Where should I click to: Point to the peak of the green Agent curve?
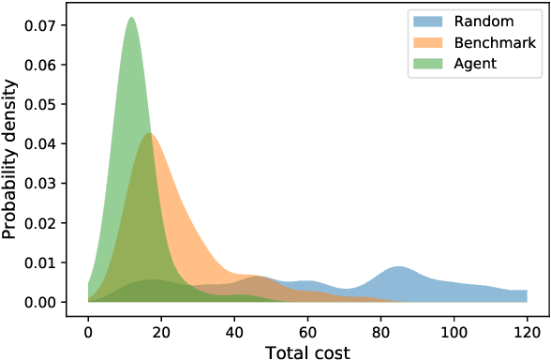pos(131,19)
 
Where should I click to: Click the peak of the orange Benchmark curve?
pos(150,134)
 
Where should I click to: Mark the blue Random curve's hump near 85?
pos(399,268)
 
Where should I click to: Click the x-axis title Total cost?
pos(306,350)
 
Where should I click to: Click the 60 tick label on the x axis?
pos(306,322)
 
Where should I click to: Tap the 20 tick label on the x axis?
pos(161,322)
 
